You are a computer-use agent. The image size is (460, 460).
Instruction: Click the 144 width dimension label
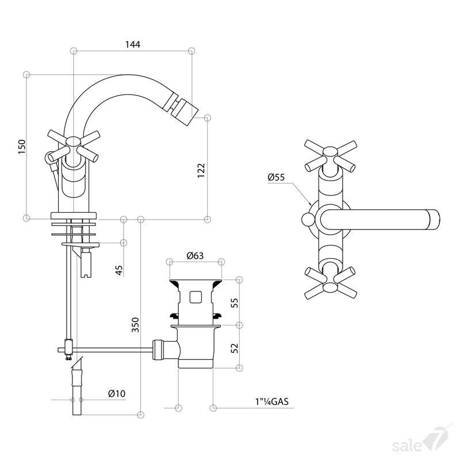click(133, 44)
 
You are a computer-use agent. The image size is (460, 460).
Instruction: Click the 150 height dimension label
click(22, 147)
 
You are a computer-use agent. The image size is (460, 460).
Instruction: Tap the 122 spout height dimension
click(201, 170)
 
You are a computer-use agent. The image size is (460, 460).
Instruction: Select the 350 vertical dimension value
click(135, 325)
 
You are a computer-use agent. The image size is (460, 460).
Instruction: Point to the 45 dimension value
click(119, 270)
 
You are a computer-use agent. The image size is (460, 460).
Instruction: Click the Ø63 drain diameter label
click(195, 255)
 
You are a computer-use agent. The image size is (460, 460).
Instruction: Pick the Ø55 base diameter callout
click(276, 177)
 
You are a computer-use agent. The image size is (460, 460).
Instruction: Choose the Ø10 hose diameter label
click(117, 393)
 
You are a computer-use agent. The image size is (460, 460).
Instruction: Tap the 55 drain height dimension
click(235, 302)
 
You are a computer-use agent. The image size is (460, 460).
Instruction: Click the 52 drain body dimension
click(235, 348)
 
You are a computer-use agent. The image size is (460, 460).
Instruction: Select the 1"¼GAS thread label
click(271, 401)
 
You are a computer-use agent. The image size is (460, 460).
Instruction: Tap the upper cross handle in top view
click(331, 156)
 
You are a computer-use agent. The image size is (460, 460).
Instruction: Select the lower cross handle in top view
click(331, 283)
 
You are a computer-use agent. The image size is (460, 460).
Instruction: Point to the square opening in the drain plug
click(195, 297)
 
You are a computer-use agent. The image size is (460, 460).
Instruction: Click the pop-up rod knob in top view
click(308, 220)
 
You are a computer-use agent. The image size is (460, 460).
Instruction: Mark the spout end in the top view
click(434, 220)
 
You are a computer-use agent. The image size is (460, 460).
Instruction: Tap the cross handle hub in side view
click(73, 143)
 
